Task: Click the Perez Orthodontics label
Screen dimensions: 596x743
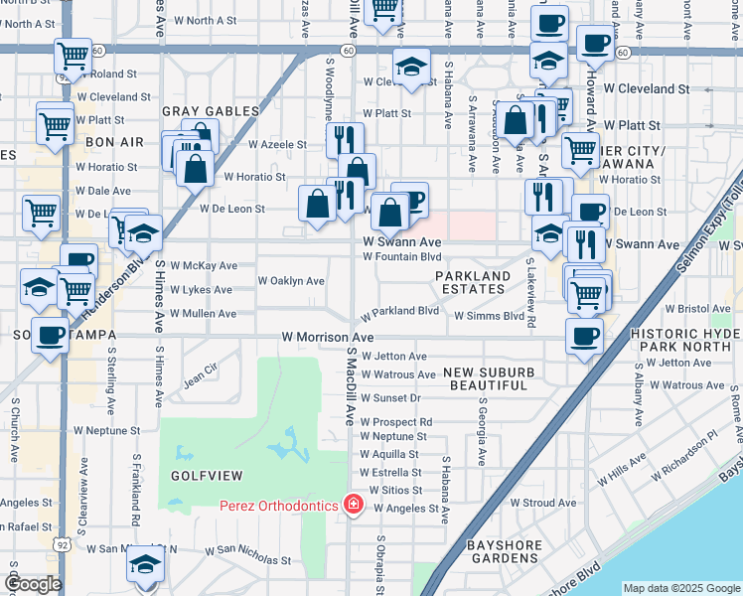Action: point(278,506)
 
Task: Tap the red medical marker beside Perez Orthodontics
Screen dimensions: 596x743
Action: point(352,506)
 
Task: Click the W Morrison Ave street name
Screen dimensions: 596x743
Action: point(327,338)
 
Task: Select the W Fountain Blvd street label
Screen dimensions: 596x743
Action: point(401,256)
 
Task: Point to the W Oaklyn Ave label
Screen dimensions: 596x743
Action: point(291,281)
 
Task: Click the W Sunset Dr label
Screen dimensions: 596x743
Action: point(391,398)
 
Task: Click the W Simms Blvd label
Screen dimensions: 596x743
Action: point(489,316)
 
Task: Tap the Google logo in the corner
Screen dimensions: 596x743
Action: point(34,584)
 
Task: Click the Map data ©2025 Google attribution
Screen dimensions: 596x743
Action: point(681,588)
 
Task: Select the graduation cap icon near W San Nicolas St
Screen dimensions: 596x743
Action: point(146,565)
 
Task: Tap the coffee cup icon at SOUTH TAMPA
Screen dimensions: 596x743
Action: point(50,335)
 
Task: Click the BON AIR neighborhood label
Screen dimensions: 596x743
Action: point(115,142)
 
